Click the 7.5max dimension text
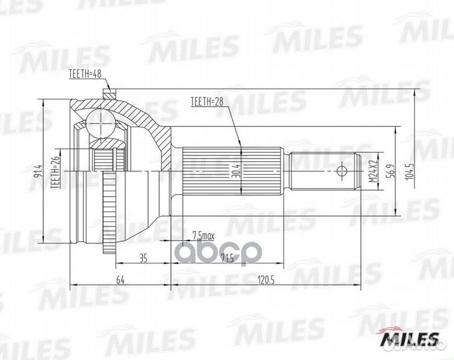pyautogui.click(x=202, y=235)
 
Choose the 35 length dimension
pyautogui.click(x=143, y=257)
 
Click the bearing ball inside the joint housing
pyautogui.click(x=99, y=124)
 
